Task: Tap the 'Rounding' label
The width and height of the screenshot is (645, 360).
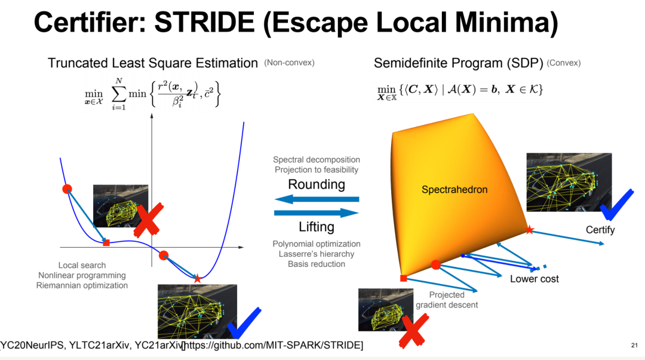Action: [317, 184]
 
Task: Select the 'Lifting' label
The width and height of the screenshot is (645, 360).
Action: [317, 227]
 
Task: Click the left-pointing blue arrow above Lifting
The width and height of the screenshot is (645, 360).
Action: [317, 199]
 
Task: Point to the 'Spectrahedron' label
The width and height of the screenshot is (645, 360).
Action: [454, 190]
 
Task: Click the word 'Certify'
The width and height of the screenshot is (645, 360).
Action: [600, 230]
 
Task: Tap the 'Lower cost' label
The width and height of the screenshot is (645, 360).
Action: [535, 279]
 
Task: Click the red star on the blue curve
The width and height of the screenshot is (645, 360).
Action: [198, 278]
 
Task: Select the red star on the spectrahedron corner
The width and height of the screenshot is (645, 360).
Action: [529, 229]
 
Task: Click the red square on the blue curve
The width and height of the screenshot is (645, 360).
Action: [106, 242]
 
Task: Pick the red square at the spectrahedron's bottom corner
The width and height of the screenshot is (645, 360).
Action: [403, 278]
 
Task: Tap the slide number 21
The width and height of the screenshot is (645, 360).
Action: [634, 345]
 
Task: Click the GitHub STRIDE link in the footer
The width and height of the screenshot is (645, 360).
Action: [272, 345]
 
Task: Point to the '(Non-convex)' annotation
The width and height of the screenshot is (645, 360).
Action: [289, 63]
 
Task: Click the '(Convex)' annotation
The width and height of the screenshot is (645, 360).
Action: [563, 63]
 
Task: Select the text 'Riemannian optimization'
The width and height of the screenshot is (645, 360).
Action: [82, 285]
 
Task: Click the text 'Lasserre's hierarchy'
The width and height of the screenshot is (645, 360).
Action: [317, 254]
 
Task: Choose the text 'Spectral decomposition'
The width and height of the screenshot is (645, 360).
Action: [317, 159]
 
